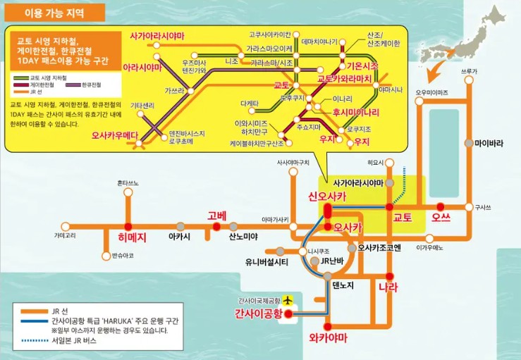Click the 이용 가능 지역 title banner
pyautogui.click(x=54, y=12)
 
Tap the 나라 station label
pyautogui.click(x=388, y=287)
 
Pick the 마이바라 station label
pyautogui.click(x=489, y=144)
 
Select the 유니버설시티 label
pyautogui.click(x=267, y=262)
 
